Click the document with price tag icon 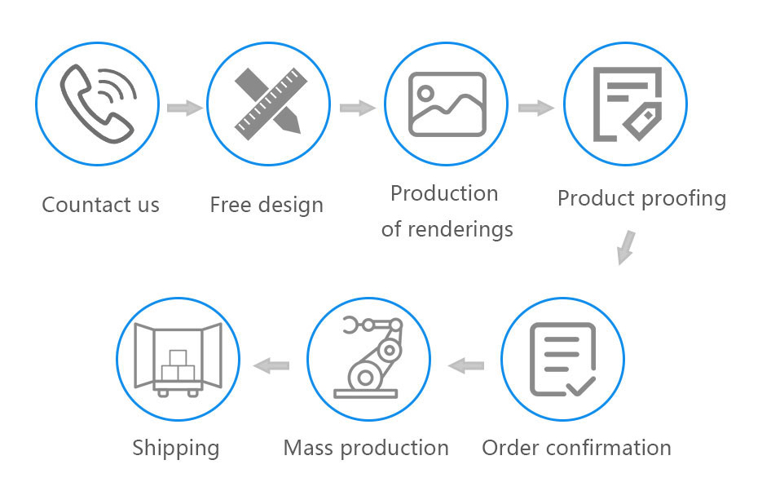click(x=625, y=104)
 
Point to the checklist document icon click(x=562, y=360)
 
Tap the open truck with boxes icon click(x=178, y=360)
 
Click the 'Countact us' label click(x=100, y=204)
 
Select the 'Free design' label click(x=267, y=204)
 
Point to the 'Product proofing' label click(x=641, y=198)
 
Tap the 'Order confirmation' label click(x=576, y=448)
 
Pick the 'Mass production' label click(x=366, y=448)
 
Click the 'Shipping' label click(x=176, y=448)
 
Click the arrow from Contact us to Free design click(x=184, y=107)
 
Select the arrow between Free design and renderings click(x=357, y=107)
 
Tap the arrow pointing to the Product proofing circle click(x=535, y=107)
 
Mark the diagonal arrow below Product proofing click(x=625, y=247)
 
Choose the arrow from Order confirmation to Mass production click(x=466, y=365)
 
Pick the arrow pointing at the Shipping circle click(x=272, y=365)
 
